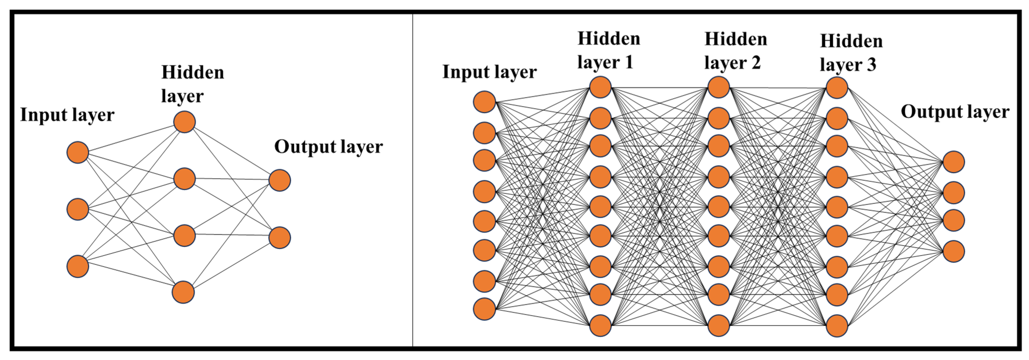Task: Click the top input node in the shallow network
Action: pyautogui.click(x=78, y=152)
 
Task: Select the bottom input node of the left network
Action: pyautogui.click(x=78, y=266)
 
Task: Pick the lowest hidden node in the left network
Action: pyautogui.click(x=183, y=292)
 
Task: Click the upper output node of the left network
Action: pyautogui.click(x=280, y=180)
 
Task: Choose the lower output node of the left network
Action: pyautogui.click(x=280, y=238)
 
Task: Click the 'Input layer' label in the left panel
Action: pyautogui.click(x=67, y=115)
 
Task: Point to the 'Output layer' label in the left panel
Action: pyautogui.click(x=328, y=147)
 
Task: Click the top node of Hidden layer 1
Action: pyautogui.click(x=600, y=87)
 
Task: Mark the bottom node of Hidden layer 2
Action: pyautogui.click(x=718, y=325)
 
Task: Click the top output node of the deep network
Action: pyautogui.click(x=953, y=162)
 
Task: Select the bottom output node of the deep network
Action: pyautogui.click(x=953, y=251)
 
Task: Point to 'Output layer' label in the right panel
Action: pyautogui.click(x=955, y=112)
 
